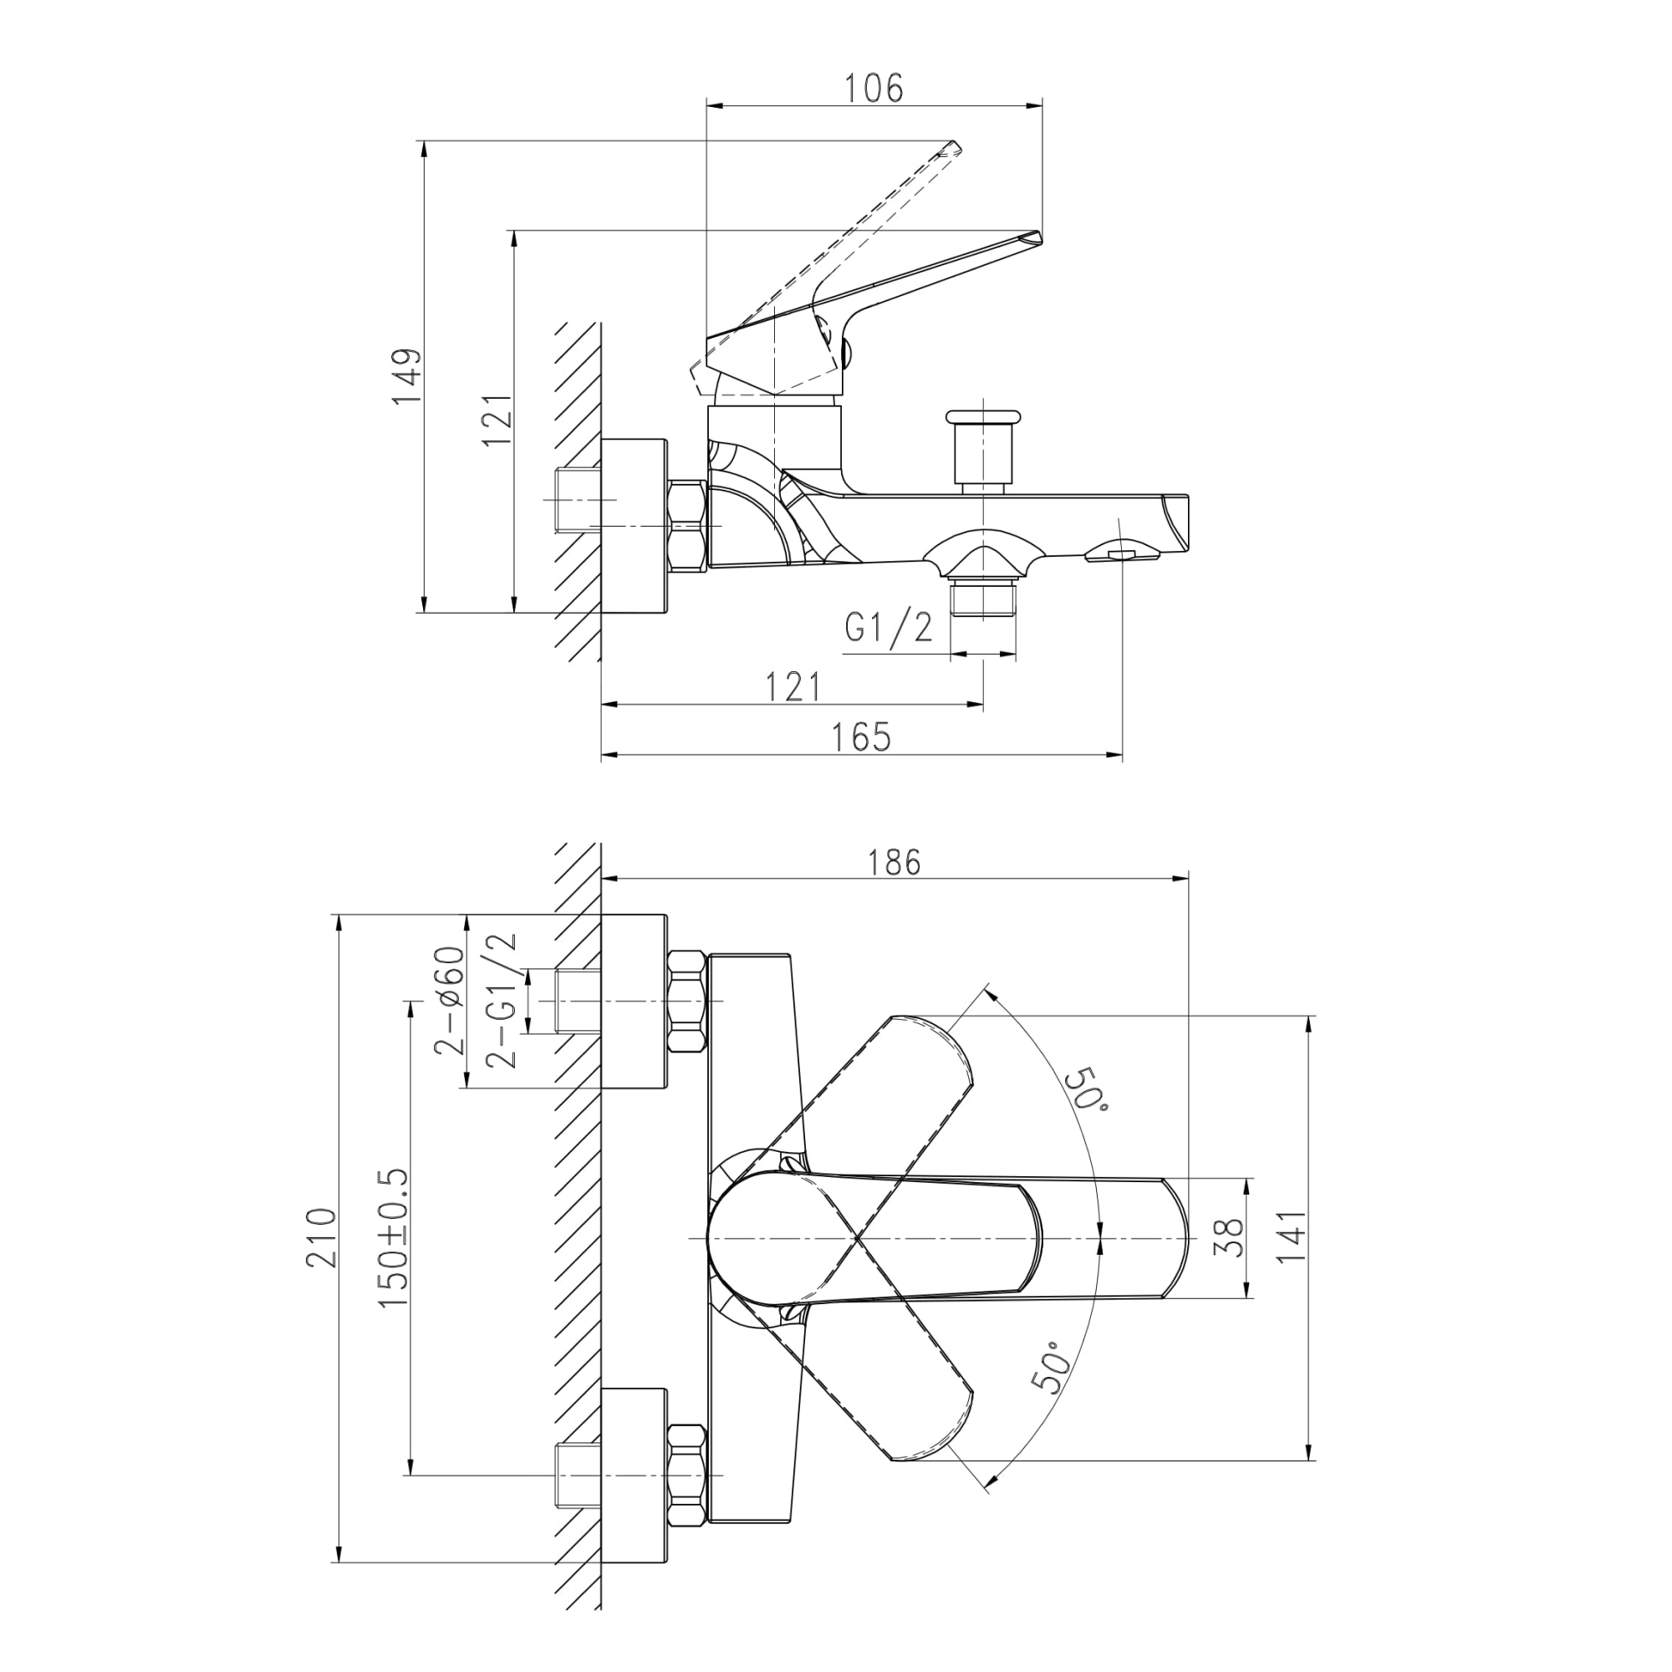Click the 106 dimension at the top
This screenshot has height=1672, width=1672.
click(874, 89)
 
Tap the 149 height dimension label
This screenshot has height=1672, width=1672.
click(406, 376)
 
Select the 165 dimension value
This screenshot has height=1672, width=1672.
click(861, 737)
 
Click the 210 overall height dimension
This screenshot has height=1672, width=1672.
click(321, 1238)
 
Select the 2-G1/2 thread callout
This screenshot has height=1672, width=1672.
click(501, 1002)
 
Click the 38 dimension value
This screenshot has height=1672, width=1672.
click(1230, 1238)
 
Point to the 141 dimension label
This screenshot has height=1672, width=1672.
click(1290, 1237)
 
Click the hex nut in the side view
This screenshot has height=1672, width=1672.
click(689, 526)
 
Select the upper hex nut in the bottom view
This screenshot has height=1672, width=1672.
click(689, 1002)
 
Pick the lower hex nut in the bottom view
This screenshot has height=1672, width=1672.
click(689, 1476)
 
